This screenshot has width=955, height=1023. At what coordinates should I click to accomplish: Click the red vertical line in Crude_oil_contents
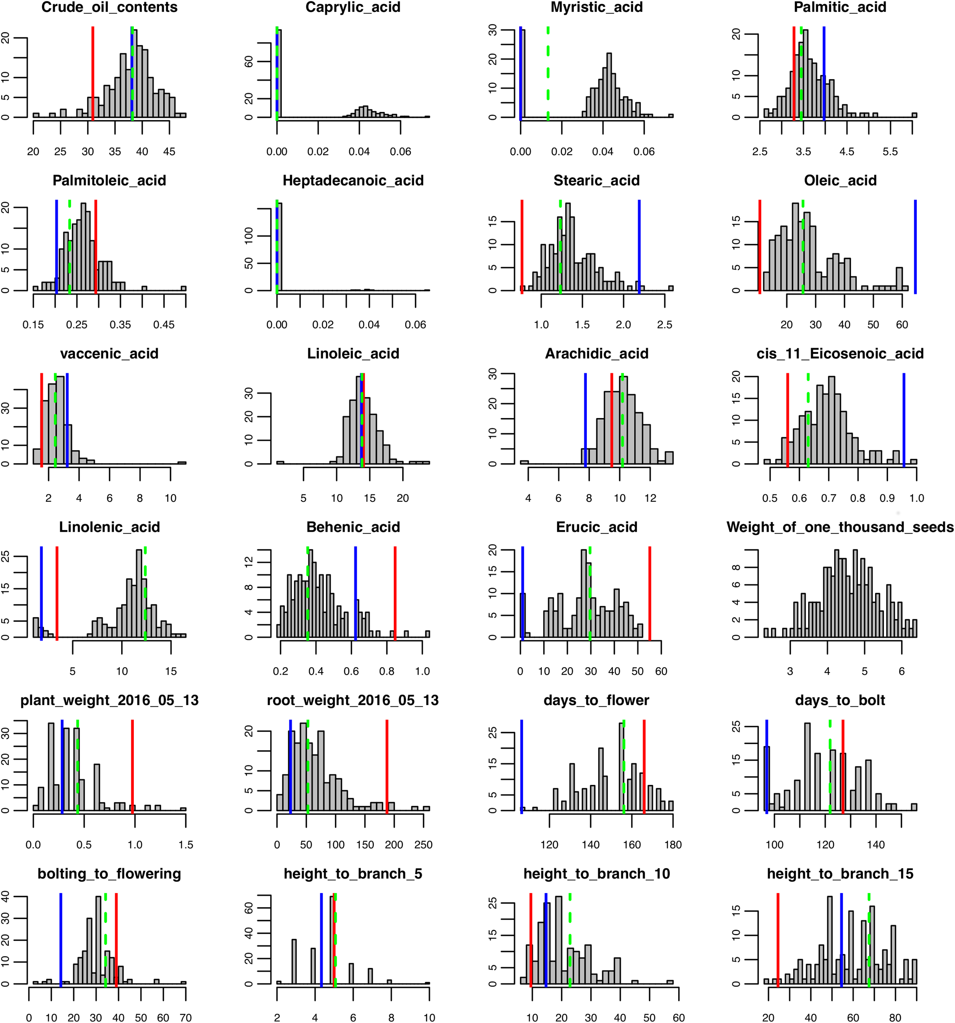tap(93, 72)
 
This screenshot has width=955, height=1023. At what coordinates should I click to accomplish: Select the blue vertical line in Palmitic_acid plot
tap(824, 72)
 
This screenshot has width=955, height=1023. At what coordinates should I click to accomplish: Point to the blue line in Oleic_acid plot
tap(915, 247)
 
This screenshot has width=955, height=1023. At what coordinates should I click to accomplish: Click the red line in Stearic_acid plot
tap(522, 247)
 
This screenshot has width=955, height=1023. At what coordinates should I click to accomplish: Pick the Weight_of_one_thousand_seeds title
tap(840, 527)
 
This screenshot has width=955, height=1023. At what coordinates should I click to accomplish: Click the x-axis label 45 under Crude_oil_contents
tap(169, 151)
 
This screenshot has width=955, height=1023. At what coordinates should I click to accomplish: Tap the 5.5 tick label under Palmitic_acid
tap(890, 151)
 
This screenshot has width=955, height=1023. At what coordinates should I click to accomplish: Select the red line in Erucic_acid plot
tap(650, 592)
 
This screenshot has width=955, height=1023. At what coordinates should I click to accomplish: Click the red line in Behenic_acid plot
tap(395, 592)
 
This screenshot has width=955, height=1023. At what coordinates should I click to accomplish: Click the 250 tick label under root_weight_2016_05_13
tap(424, 845)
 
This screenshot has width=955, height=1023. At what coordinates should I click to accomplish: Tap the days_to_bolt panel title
tap(840, 700)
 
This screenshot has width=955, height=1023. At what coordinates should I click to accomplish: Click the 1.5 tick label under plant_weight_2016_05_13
tap(186, 845)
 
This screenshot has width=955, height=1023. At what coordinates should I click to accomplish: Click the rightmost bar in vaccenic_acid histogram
tap(182, 462)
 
